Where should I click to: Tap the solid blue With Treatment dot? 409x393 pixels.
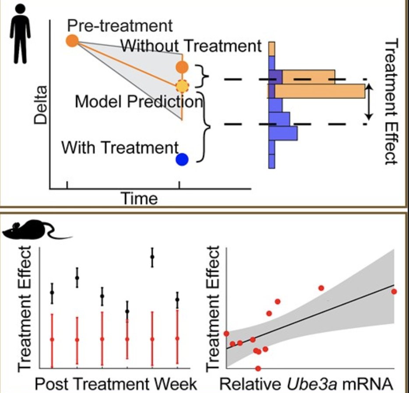[182, 159]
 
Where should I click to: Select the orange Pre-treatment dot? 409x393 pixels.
[72, 41]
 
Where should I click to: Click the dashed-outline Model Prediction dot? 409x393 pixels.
[182, 86]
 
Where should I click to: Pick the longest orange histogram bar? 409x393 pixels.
[317, 91]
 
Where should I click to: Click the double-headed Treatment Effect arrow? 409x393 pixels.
[369, 102]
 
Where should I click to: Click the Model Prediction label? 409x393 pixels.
[139, 102]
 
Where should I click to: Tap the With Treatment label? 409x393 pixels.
[120, 147]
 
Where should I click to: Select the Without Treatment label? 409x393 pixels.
[191, 46]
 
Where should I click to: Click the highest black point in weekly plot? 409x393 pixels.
[152, 257]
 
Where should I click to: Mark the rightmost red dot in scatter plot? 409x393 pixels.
[394, 291]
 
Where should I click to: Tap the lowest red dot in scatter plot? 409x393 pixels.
[258, 368]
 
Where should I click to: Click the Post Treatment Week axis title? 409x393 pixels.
[116, 384]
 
